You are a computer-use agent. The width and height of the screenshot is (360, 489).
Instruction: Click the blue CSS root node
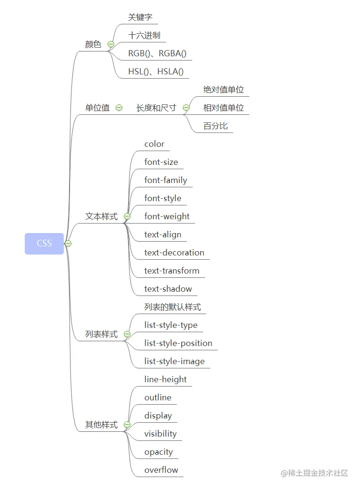click(x=44, y=244)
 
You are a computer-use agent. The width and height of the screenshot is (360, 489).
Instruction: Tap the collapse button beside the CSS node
click(x=68, y=244)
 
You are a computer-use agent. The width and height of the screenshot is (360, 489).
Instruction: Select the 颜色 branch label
click(x=93, y=44)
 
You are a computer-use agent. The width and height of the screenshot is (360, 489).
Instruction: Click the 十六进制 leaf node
click(x=144, y=35)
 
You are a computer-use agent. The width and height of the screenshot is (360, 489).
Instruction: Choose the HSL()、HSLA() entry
click(x=156, y=71)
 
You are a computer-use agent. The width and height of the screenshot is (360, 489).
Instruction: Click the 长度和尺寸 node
click(x=156, y=108)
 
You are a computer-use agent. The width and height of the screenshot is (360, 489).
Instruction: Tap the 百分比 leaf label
click(x=216, y=126)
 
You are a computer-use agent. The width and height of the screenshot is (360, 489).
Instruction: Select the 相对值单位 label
click(x=223, y=108)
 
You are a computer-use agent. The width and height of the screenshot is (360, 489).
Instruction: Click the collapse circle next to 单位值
click(x=119, y=108)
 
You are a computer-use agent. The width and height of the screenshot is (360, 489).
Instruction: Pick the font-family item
click(x=166, y=180)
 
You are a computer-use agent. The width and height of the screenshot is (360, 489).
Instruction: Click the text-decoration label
click(x=174, y=253)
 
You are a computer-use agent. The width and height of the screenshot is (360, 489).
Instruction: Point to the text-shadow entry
click(x=168, y=289)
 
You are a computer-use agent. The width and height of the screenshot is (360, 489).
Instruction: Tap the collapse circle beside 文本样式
click(x=127, y=216)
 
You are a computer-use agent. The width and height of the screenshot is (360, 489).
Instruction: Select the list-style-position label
click(x=178, y=343)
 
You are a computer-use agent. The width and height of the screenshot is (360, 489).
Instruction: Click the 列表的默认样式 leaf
click(x=172, y=307)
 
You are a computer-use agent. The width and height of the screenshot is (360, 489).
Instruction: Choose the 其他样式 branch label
click(x=101, y=425)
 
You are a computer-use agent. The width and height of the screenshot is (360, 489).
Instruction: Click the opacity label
click(x=159, y=452)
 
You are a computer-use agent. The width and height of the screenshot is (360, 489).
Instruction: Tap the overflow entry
click(x=161, y=470)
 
